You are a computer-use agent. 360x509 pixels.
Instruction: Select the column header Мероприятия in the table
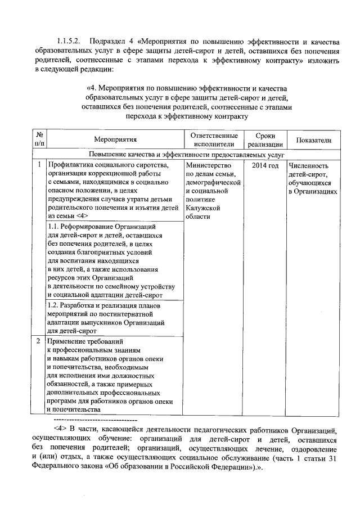tap(115, 140)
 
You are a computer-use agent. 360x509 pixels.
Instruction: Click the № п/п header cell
tap(39, 140)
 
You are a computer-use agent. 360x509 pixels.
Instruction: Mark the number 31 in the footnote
tap(332, 458)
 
